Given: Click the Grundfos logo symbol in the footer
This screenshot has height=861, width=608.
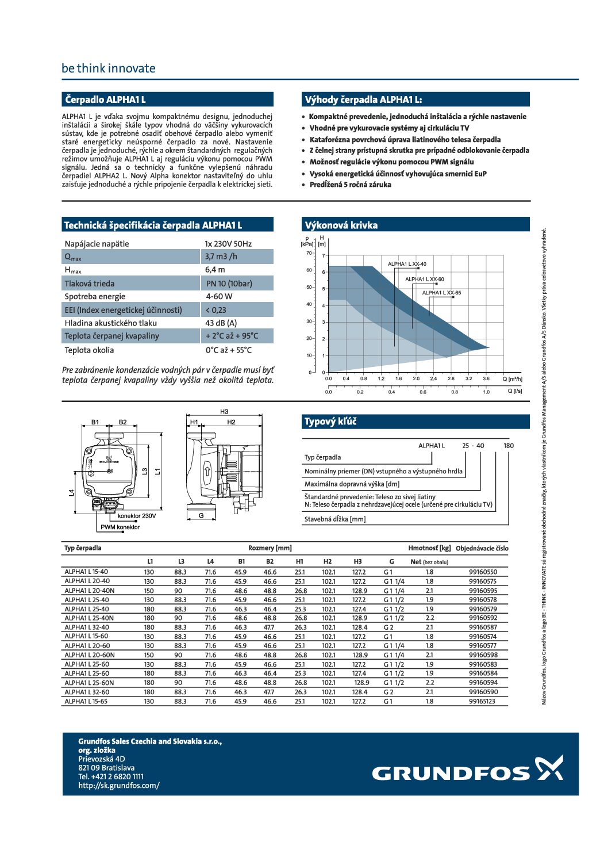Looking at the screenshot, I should [x=549, y=768].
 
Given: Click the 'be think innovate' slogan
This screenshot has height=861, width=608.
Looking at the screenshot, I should [x=109, y=68].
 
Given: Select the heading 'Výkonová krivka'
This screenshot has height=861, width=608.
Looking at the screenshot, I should [x=341, y=225].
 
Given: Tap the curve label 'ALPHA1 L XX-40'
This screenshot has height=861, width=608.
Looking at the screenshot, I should [x=407, y=264].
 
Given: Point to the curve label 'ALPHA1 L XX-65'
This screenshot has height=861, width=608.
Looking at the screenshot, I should [x=441, y=293].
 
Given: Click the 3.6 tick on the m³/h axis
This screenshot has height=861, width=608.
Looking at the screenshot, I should [x=486, y=379].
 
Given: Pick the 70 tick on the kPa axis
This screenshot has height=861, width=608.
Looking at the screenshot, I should [x=309, y=253].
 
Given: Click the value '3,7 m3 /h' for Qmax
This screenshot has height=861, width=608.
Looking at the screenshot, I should [x=221, y=257].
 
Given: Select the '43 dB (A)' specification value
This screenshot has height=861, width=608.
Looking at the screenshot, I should [x=221, y=323].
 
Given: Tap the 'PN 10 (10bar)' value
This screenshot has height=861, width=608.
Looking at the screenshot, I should [x=229, y=284].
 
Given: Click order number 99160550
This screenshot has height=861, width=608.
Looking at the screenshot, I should [x=483, y=572].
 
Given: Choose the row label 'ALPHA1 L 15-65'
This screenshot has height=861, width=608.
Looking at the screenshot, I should [x=86, y=701].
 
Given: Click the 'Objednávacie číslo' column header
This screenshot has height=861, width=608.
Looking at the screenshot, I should [x=482, y=548].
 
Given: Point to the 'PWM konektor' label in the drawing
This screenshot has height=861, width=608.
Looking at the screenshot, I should [x=120, y=527].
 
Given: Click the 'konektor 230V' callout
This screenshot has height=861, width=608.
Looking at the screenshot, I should [x=137, y=516].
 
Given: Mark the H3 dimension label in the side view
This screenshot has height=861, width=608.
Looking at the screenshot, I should [x=224, y=412].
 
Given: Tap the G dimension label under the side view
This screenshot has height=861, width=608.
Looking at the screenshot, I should [x=201, y=516].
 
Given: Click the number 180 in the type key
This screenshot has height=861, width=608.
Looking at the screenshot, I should [x=509, y=446].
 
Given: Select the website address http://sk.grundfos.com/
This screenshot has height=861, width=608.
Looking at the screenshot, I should [x=119, y=786].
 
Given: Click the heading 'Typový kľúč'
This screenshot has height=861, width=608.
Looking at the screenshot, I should [x=330, y=422].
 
